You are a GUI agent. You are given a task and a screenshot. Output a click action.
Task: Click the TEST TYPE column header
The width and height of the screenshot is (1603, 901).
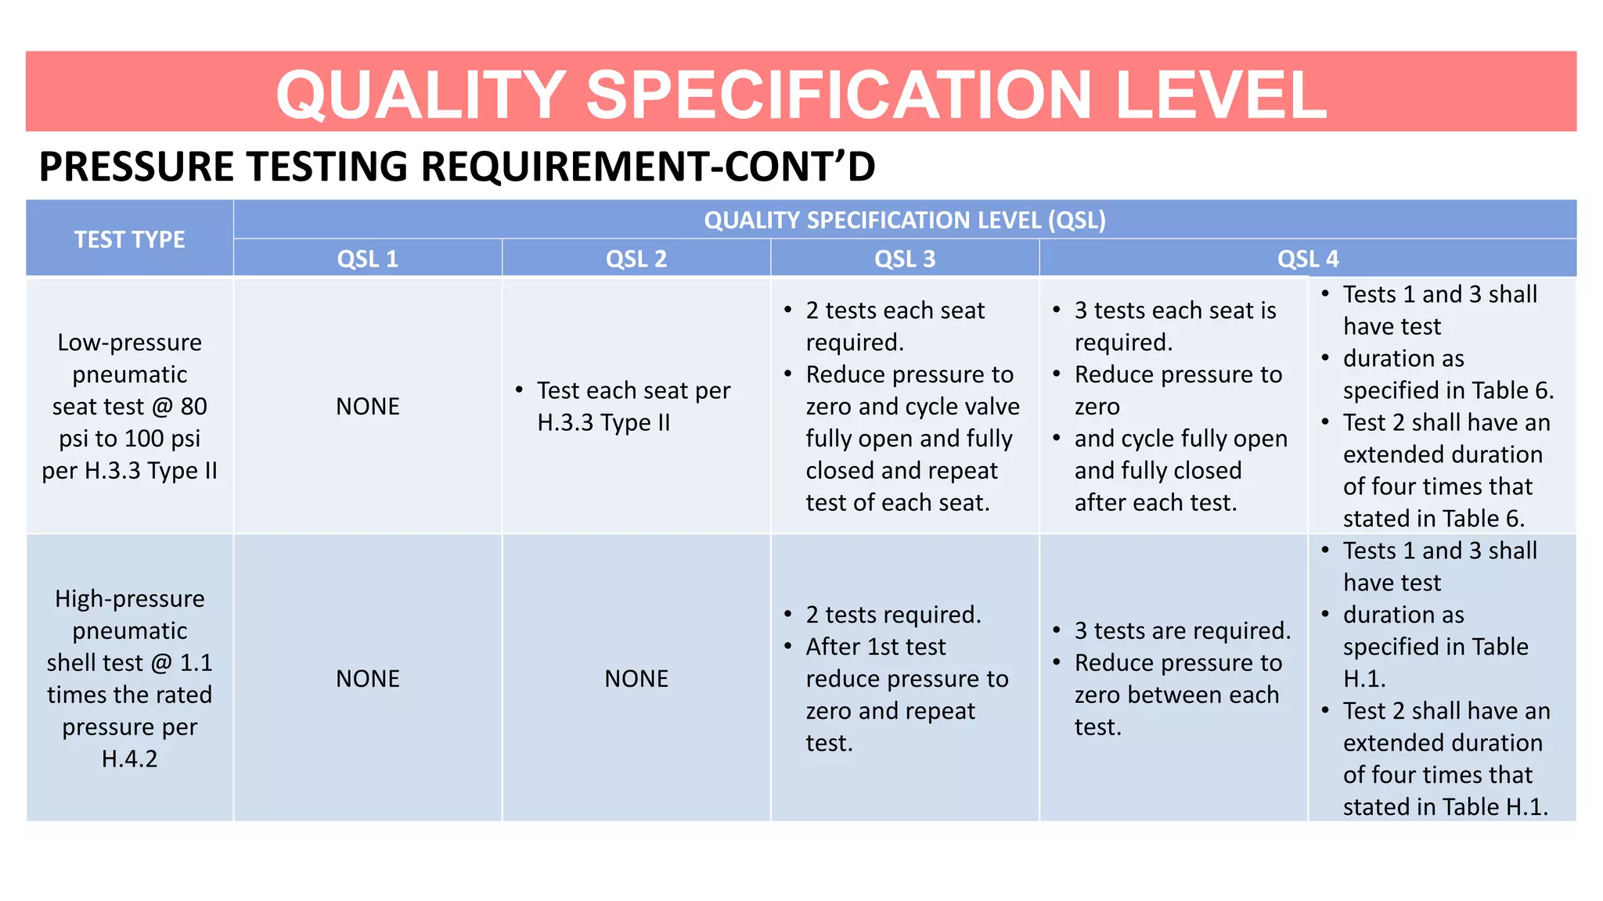tap(129, 239)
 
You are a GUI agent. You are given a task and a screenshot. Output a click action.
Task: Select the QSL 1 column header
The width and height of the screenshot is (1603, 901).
tap(367, 259)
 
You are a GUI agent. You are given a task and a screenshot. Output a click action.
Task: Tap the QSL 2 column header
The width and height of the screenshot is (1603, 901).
tap(636, 259)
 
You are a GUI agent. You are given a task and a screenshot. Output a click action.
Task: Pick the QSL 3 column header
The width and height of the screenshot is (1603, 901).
tap(905, 259)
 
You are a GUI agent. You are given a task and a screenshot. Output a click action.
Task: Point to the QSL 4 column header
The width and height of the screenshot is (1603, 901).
tap(1308, 259)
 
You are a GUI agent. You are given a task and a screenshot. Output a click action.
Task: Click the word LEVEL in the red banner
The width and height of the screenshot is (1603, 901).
tap(1221, 95)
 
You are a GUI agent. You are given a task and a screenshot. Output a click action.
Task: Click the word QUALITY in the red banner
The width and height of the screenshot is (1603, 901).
tap(421, 95)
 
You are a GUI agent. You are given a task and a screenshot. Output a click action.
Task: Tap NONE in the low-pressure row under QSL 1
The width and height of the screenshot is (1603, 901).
tap(367, 407)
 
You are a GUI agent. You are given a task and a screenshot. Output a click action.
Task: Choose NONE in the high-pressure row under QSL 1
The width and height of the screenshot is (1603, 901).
tap(367, 679)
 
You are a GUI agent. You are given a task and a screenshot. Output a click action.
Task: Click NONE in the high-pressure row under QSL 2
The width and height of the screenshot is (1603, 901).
tap(636, 679)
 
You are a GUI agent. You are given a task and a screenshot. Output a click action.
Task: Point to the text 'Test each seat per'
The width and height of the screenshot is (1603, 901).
tap(633, 390)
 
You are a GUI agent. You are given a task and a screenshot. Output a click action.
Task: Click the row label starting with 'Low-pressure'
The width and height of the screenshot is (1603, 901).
tap(129, 407)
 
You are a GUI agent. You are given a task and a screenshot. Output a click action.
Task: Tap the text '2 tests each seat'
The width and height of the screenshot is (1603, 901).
tap(895, 311)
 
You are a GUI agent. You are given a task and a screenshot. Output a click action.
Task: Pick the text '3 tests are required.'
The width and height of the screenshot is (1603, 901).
tap(1182, 630)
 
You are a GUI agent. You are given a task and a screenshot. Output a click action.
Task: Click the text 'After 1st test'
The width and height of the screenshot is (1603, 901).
tap(875, 647)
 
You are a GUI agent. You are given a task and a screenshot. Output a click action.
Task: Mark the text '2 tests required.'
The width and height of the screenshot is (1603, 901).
tap(893, 615)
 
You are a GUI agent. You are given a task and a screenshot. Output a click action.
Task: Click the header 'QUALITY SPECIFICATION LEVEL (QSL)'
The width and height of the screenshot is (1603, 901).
tap(905, 221)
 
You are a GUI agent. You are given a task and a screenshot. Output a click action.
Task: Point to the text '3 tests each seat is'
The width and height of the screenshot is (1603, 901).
tap(1175, 311)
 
